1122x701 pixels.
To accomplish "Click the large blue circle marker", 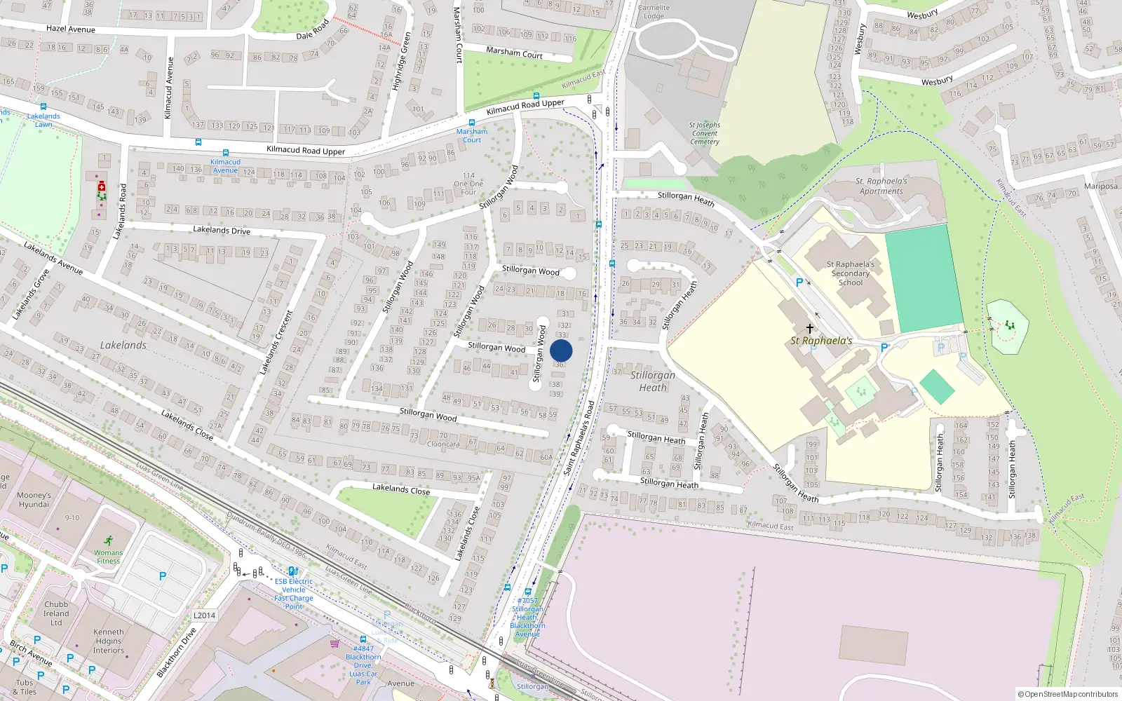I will click(x=561, y=351).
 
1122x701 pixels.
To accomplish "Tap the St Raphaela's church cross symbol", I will click(x=810, y=328).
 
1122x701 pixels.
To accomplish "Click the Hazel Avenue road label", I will click(x=70, y=29).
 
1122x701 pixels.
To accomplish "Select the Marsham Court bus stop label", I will click(x=471, y=135).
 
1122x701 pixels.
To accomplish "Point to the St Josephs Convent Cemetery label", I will click(x=704, y=133).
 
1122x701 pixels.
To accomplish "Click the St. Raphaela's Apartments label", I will click(x=881, y=186).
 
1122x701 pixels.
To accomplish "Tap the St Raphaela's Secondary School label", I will click(x=851, y=273).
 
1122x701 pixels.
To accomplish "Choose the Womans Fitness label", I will click(x=108, y=557).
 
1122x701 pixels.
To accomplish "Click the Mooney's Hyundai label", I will click(x=34, y=499).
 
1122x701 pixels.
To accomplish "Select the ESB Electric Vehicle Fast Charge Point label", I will click(x=294, y=594).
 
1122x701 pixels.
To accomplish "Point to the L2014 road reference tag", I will click(x=204, y=615).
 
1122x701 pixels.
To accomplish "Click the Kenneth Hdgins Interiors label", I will click(x=108, y=641).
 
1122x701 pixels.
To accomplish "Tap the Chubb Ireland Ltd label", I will click(x=56, y=613).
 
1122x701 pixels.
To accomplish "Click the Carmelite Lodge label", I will click(x=654, y=12).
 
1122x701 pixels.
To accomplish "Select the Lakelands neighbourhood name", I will click(x=123, y=345).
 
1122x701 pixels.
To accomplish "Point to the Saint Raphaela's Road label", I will click(x=579, y=438).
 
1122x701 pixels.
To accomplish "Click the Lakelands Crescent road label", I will click(x=276, y=343).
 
